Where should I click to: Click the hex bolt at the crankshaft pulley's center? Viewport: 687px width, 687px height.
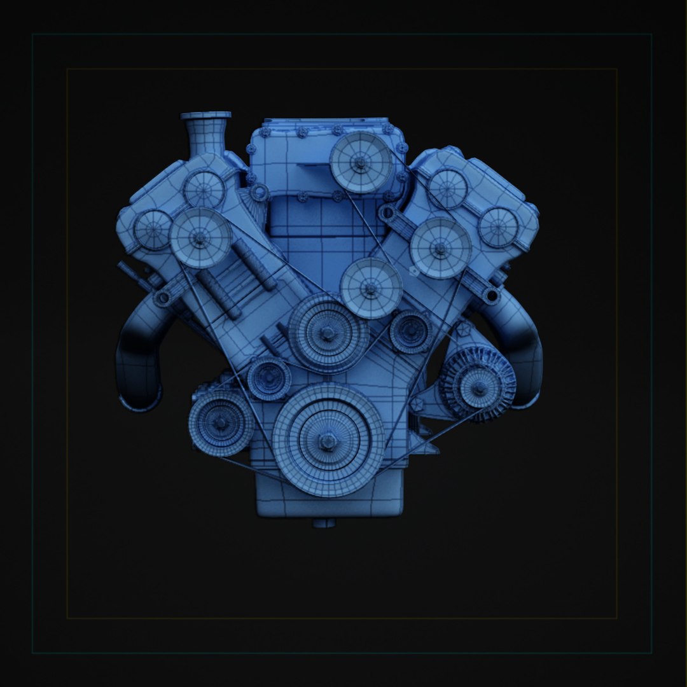328,440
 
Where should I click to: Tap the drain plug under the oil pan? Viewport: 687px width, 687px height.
324,523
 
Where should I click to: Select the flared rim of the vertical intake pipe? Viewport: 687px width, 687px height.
205,116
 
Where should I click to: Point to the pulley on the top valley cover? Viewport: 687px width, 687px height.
360,163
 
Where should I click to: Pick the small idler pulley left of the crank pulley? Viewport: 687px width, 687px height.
269,378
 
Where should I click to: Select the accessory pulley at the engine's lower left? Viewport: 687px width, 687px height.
221,422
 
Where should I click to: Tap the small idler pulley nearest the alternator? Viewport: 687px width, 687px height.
411,331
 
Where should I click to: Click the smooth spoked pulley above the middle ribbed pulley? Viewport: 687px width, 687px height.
371,288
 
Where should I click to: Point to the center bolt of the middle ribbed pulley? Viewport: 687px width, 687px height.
328,333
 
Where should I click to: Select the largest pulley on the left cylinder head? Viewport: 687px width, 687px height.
200,237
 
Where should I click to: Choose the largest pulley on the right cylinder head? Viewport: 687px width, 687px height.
440,247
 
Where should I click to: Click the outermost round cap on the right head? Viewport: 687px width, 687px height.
498,227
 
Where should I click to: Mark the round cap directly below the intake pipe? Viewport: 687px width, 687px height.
204,190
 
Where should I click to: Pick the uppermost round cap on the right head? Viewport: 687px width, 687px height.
447,188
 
